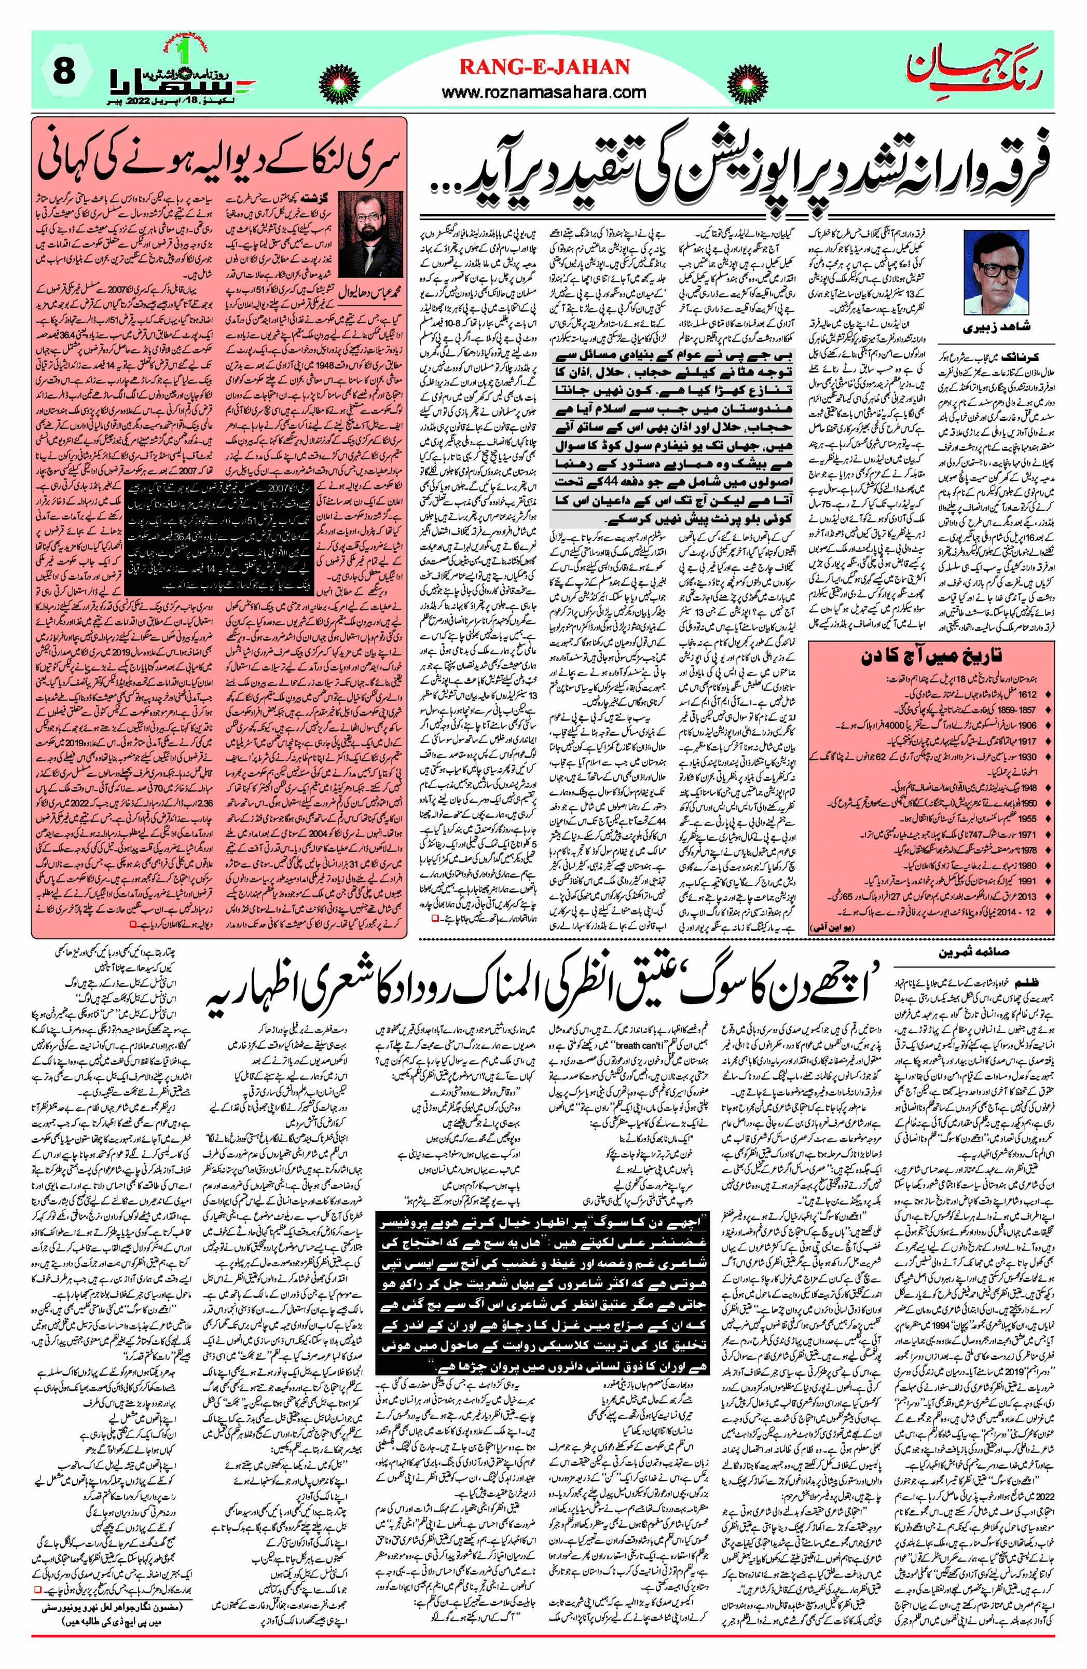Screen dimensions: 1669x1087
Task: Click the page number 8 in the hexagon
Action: click(x=64, y=72)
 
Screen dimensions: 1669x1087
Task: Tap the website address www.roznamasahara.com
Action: click(x=544, y=91)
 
